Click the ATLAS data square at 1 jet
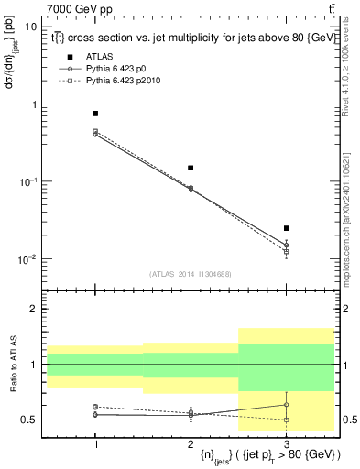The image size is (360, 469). [x=95, y=114]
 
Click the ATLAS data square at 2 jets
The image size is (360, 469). [x=191, y=168]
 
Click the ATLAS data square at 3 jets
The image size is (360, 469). [x=286, y=228]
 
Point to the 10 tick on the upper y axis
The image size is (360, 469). [x=31, y=27]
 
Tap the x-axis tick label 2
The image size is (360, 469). [x=191, y=443]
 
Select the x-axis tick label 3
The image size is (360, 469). [x=286, y=443]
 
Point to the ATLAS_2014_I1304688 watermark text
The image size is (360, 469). [x=191, y=274]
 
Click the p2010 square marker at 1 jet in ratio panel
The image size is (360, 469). [x=95, y=407]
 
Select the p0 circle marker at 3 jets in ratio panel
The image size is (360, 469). [x=286, y=405]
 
